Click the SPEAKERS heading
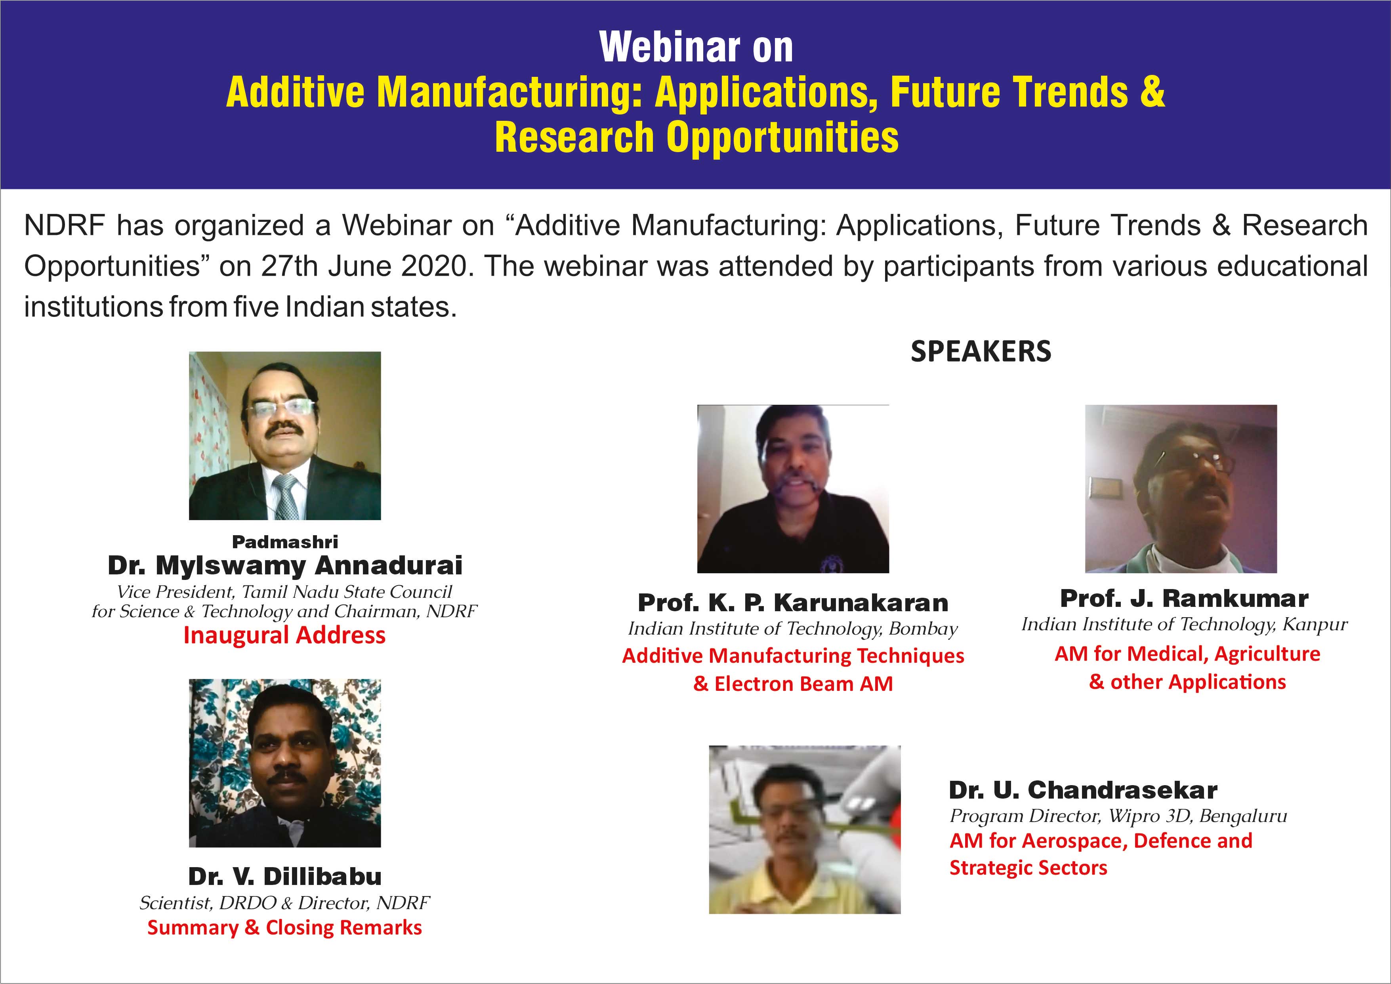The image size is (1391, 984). click(x=981, y=351)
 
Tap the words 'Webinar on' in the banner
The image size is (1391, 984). click(x=696, y=47)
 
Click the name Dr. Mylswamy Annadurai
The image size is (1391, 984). click(x=285, y=565)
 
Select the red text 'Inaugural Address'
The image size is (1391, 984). click(x=284, y=635)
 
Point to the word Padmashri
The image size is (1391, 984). click(x=285, y=542)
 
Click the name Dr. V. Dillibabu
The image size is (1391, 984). click(x=285, y=876)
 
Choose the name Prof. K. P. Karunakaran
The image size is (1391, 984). click(x=793, y=603)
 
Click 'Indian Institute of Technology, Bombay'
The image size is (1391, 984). click(x=793, y=629)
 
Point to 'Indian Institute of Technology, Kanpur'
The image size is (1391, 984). click(x=1185, y=625)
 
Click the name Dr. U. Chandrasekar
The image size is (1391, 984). click(x=1083, y=790)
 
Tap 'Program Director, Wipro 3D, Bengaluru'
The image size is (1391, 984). click(x=1118, y=816)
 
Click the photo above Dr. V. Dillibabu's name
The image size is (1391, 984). click(x=285, y=763)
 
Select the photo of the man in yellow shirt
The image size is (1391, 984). click(x=805, y=830)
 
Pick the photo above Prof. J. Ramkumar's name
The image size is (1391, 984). click(x=1181, y=489)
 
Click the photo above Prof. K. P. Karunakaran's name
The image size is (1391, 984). click(x=793, y=489)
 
